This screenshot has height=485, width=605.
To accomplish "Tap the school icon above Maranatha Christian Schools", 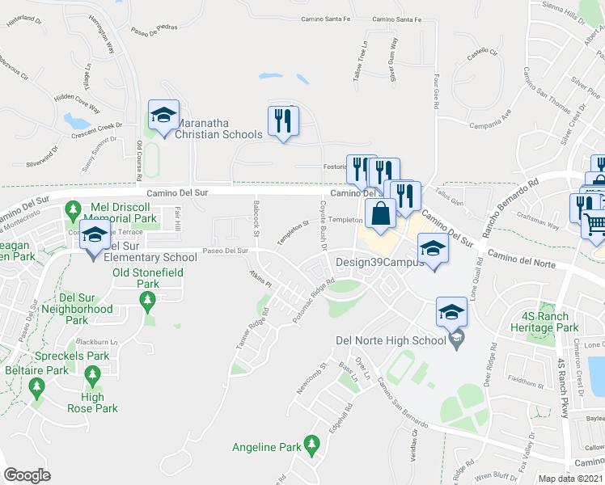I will (x=163, y=116).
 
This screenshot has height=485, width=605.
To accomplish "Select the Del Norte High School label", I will (x=391, y=340).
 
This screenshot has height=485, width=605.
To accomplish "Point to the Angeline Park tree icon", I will (x=311, y=444).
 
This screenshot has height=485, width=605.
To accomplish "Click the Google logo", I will (x=27, y=475).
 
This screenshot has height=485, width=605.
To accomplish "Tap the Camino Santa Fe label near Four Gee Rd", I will (x=397, y=19).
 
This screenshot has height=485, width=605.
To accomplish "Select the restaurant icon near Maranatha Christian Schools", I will (x=283, y=121).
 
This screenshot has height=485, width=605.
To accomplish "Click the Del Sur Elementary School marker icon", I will (x=95, y=236).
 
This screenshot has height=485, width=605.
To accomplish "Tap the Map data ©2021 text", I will (x=571, y=479).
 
